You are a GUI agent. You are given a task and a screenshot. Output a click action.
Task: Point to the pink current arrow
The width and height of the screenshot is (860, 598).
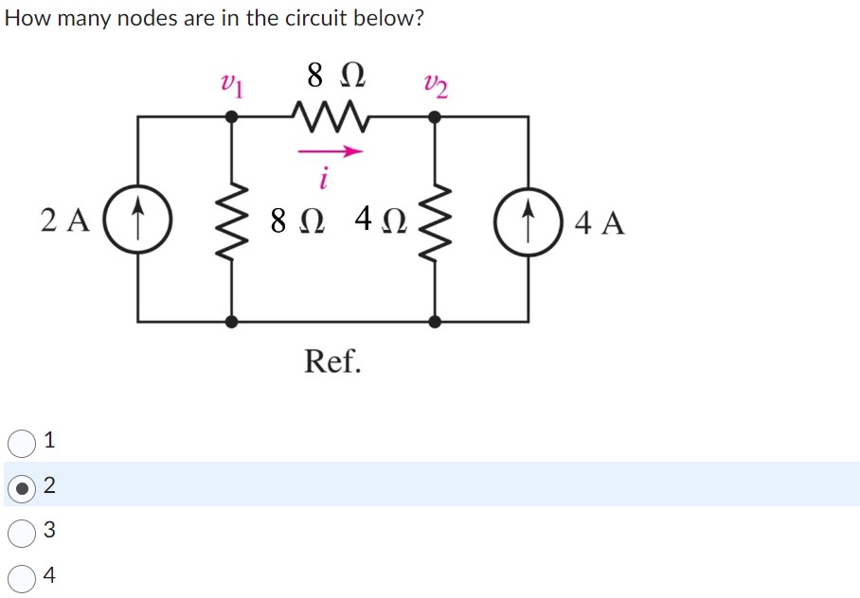coord(330,149)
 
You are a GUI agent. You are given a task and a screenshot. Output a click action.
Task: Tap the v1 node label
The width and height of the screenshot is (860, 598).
coord(231,86)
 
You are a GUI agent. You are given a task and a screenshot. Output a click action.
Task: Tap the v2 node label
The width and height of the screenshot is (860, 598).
coord(437,86)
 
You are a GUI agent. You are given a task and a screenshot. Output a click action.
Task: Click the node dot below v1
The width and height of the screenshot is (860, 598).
coord(231,117)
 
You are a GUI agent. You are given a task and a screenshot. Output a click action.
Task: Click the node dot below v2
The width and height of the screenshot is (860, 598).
coord(435,117)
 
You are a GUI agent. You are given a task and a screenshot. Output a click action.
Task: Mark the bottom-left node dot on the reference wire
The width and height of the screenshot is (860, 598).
coord(231,322)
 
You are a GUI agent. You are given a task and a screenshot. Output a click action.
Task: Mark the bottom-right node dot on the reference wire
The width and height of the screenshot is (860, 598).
coord(435,322)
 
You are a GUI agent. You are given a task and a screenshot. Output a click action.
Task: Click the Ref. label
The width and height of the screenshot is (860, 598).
coord(332,361)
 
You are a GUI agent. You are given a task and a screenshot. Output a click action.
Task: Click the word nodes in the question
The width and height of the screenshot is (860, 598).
coord(144,19)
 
